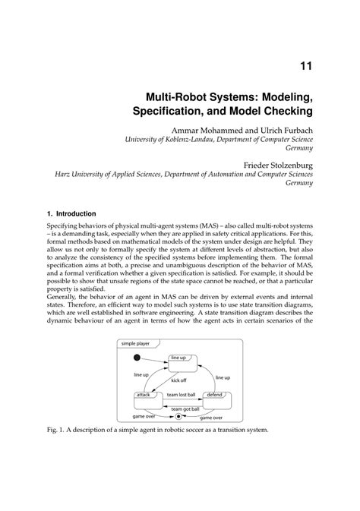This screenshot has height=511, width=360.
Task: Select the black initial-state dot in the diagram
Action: tap(137, 358)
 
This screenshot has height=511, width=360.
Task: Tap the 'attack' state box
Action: tap(144, 399)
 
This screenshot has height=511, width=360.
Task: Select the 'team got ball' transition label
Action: tap(178, 408)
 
